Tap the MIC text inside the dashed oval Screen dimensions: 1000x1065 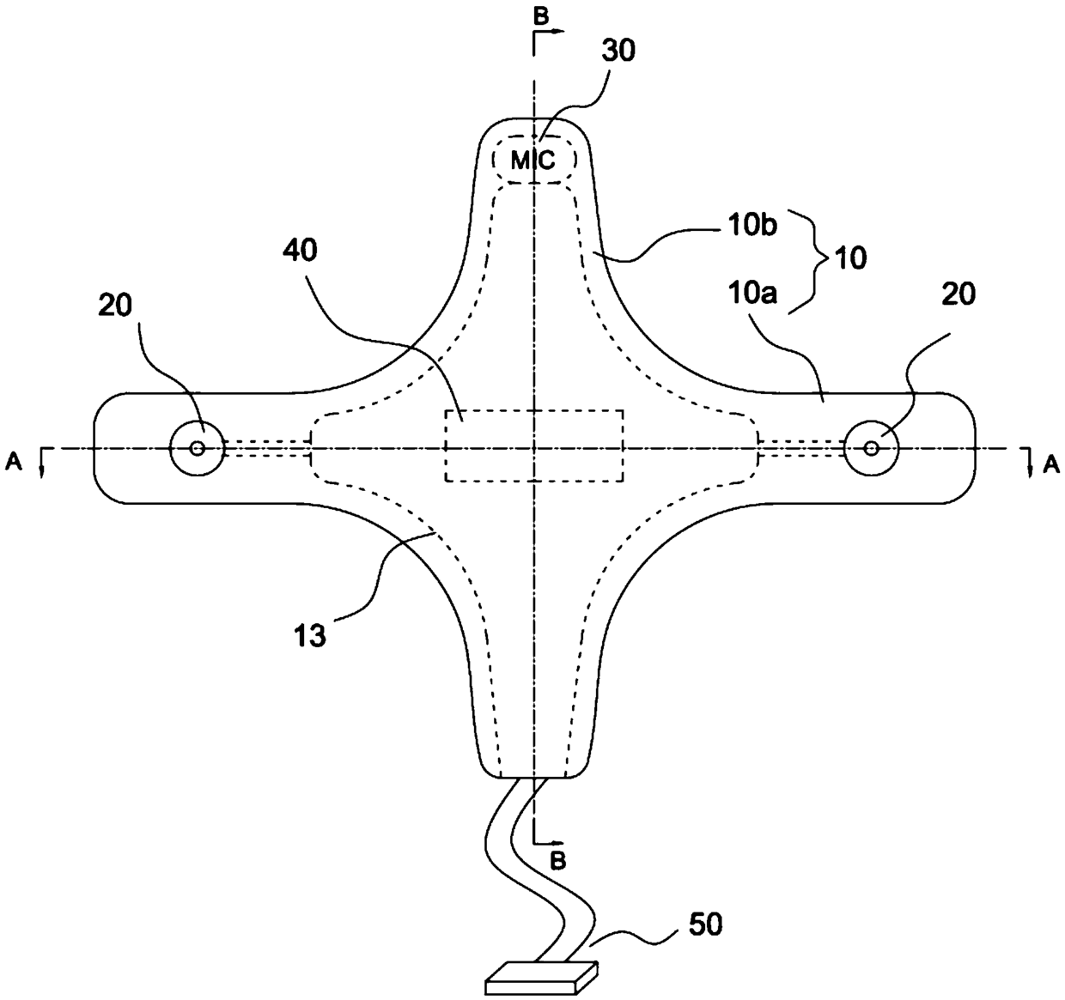click(x=533, y=160)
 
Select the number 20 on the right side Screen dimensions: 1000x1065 click(x=958, y=294)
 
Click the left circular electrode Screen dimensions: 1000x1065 click(x=198, y=447)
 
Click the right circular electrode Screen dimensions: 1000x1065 click(x=871, y=447)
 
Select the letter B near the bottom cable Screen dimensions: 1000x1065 click(x=557, y=859)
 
